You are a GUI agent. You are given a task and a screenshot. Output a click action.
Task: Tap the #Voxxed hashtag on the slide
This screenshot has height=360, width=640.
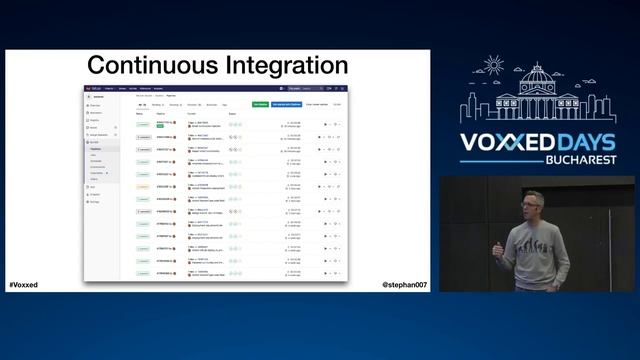click(24, 285)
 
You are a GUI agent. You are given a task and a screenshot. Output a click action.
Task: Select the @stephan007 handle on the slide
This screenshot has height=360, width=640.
click(404, 285)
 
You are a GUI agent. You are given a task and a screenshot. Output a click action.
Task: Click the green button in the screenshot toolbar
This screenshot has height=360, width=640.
click(260, 104)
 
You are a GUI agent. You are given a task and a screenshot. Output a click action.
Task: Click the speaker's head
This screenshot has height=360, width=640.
click(533, 205)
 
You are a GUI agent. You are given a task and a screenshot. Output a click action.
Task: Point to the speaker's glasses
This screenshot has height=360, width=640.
click(531, 205)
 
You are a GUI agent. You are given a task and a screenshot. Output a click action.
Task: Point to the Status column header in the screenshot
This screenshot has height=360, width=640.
click(140, 113)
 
